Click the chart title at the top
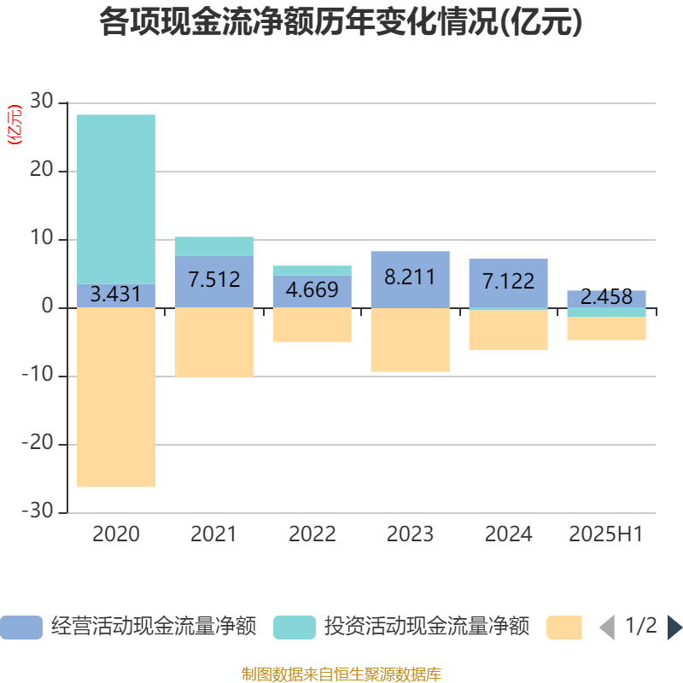pyautogui.click(x=341, y=23)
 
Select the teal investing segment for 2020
pyautogui.click(x=116, y=199)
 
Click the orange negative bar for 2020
pyautogui.click(x=116, y=397)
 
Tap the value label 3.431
pyautogui.click(x=116, y=295)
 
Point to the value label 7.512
pyautogui.click(x=214, y=279)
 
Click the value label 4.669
pyautogui.click(x=312, y=289)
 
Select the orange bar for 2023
pyautogui.click(x=410, y=340)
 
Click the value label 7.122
pyautogui.click(x=508, y=281)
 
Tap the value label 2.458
pyautogui.click(x=606, y=297)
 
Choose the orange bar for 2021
pyautogui.click(x=214, y=342)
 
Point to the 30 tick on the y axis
pyautogui.click(x=42, y=102)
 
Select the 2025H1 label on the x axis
pyautogui.click(x=606, y=534)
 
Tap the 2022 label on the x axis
pyautogui.click(x=312, y=534)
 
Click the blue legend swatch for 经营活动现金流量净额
pyautogui.click(x=20, y=628)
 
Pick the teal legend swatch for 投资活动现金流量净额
pyautogui.click(x=295, y=628)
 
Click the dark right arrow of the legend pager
pyautogui.click(x=674, y=628)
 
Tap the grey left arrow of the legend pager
pyautogui.click(x=607, y=628)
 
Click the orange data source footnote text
pyautogui.click(x=341, y=674)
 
